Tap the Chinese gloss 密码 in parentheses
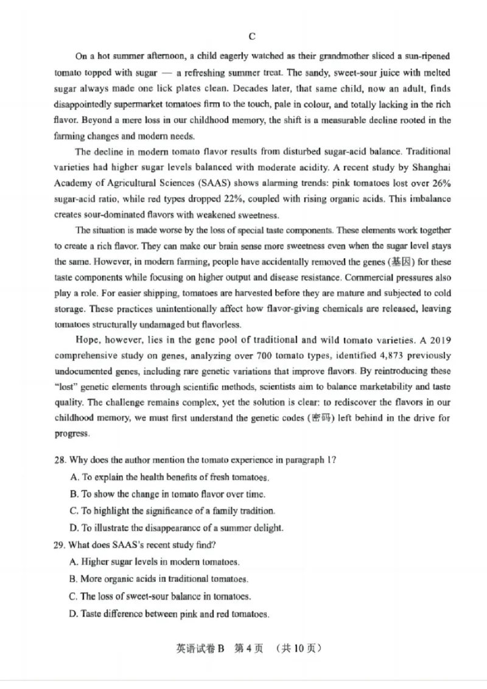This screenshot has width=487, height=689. [x=324, y=418]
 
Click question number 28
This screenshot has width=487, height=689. [x=60, y=460]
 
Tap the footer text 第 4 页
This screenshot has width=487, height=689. [x=248, y=649]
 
